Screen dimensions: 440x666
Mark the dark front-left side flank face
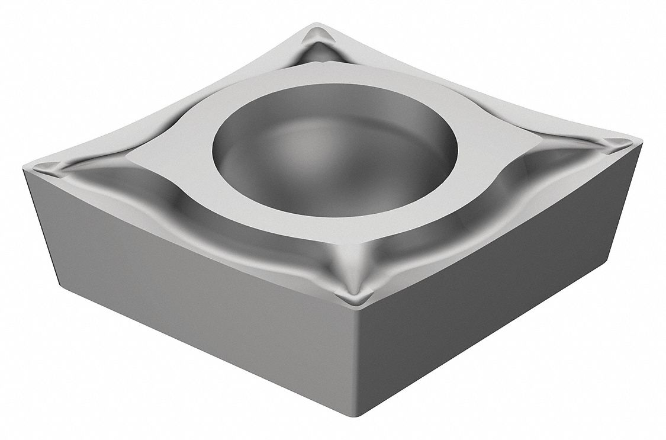pos(195,296)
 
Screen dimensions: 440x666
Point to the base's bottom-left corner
pos(59,278)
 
